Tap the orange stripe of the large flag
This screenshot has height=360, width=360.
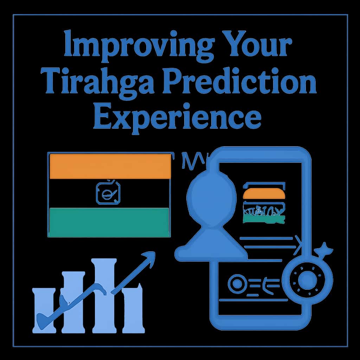[x=110, y=166]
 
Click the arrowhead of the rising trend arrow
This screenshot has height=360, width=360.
[x=149, y=257]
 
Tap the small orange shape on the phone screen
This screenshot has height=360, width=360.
[x=264, y=194]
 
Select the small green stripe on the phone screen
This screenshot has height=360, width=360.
[x=264, y=219]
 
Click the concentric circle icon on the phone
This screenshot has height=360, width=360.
[x=237, y=283]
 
